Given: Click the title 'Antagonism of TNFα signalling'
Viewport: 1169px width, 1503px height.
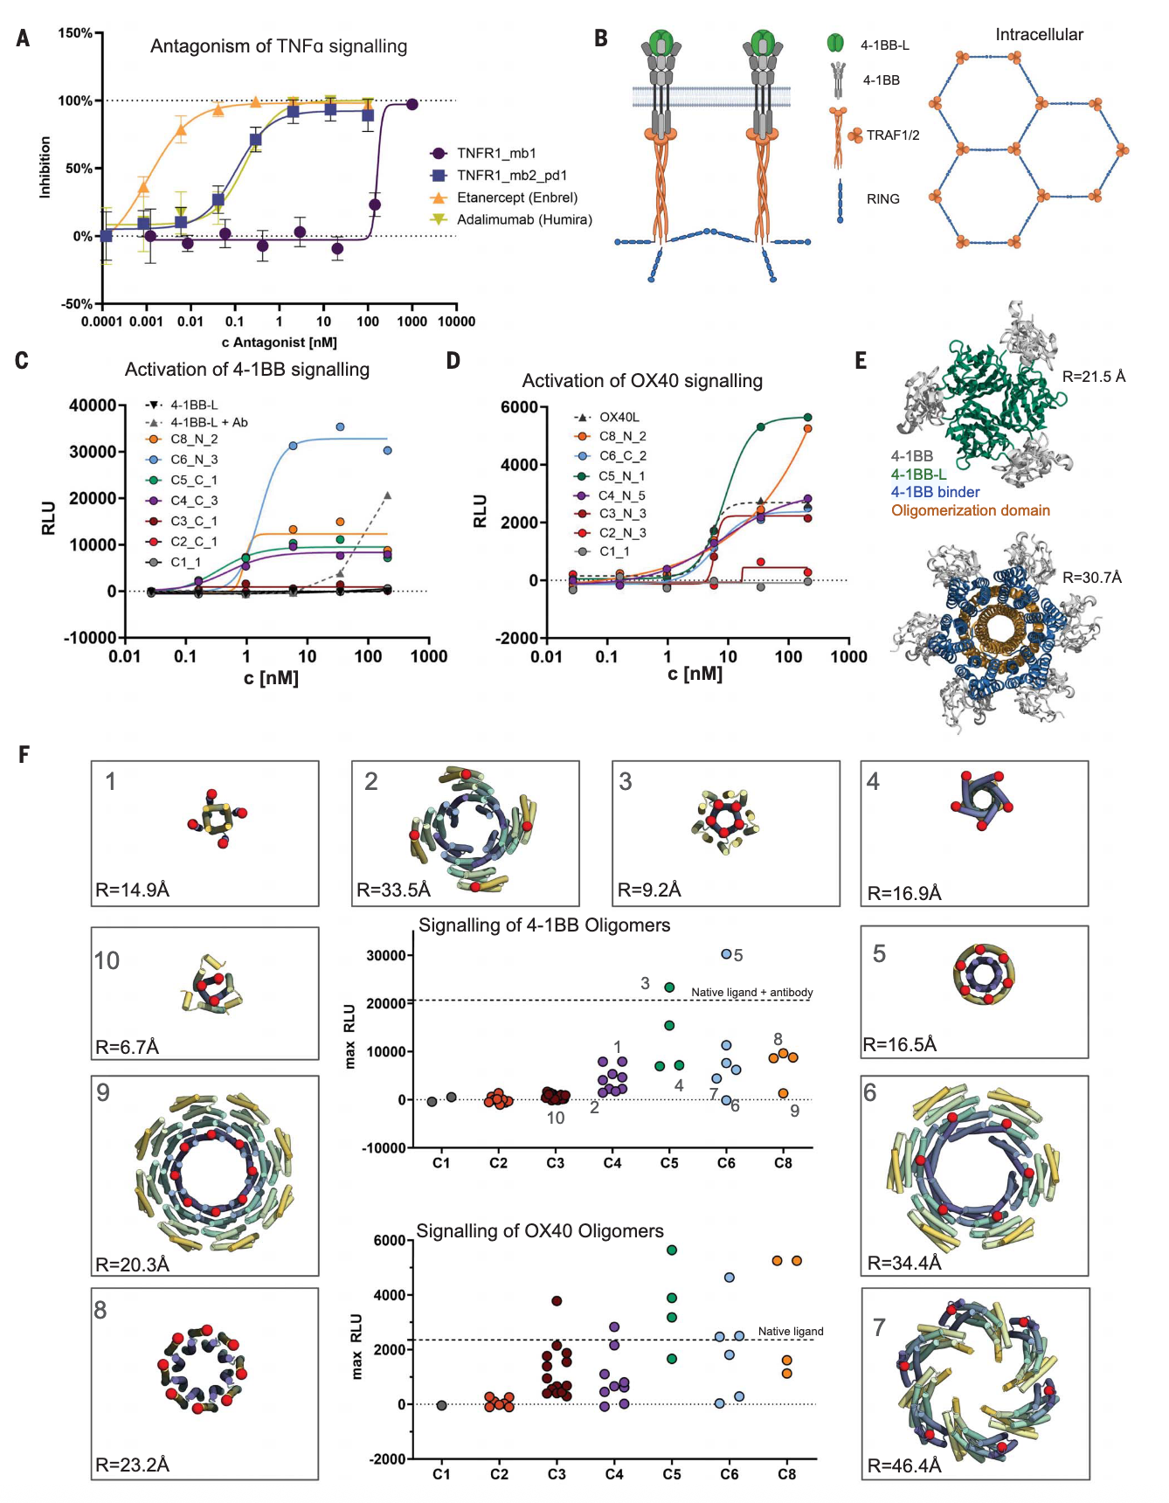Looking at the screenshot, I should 278,46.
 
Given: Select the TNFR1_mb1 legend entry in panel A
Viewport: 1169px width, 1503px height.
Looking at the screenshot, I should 496,153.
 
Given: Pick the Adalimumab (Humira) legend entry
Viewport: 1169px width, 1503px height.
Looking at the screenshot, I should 524,219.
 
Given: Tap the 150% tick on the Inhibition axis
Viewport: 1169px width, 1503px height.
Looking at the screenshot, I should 75,33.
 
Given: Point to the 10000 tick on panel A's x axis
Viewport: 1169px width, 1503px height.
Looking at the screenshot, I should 456,322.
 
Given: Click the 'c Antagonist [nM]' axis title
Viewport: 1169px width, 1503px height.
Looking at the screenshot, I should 279,343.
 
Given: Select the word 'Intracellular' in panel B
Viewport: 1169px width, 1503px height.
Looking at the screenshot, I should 1039,35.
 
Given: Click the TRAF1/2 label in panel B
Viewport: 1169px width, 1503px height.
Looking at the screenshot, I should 892,135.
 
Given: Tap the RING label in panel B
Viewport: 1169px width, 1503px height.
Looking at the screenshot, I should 882,199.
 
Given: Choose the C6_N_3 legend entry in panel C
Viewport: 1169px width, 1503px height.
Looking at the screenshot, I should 194,460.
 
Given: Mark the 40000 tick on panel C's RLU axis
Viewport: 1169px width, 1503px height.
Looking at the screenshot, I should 93,405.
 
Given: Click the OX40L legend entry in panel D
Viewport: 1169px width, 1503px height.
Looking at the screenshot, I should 619,417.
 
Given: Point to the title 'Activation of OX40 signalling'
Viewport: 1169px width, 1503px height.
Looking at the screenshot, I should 642,381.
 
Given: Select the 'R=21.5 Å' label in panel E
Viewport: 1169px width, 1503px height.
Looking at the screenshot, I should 1093,377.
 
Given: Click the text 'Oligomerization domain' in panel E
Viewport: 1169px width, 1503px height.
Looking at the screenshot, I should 970,510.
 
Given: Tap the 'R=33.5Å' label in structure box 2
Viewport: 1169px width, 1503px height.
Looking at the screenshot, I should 394,890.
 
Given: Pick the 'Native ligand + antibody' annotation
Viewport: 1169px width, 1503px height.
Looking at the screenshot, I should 751,993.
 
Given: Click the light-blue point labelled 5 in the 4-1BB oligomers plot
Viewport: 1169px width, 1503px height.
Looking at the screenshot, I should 726,954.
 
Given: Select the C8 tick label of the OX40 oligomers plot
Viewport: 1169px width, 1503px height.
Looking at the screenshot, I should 786,1474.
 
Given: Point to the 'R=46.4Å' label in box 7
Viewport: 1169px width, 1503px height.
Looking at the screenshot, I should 904,1465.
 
